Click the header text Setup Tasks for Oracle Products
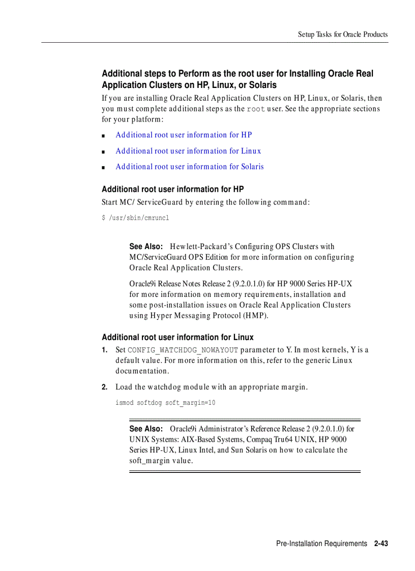[342, 35]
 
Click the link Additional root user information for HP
[184, 135]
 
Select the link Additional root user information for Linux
[188, 151]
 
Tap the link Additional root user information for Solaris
[189, 167]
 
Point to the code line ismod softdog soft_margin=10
[165, 403]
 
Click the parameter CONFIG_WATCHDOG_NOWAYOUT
[183, 350]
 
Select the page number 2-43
[380, 544]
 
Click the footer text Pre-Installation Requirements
[321, 544]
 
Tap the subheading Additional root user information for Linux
[177, 338]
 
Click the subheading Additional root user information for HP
[173, 189]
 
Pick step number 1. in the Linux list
[105, 350]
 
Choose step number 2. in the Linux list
[105, 387]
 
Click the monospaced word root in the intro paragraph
[256, 109]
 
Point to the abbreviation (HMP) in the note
[255, 316]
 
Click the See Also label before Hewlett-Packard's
[145, 247]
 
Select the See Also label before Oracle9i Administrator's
[145, 429]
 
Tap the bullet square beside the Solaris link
[103, 167]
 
